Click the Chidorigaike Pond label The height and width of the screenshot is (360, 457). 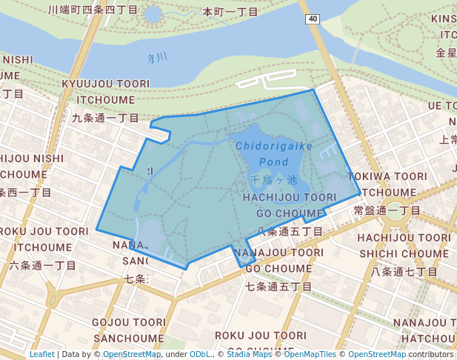coord(274,153)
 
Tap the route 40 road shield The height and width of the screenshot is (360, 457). coord(314,19)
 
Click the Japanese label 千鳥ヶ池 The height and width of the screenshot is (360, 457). coord(274,180)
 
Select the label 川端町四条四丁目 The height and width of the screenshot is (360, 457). coord(93,10)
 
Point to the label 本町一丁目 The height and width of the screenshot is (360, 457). coord(230,12)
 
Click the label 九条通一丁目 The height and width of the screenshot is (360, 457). coord(105,117)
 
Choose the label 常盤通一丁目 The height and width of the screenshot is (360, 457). coord(387,210)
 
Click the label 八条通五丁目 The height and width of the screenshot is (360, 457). coord(290,232)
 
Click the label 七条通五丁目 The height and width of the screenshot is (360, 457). coord(278,286)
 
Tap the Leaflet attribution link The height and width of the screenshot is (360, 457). coord(42,354)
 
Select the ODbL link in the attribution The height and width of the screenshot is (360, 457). coord(200,354)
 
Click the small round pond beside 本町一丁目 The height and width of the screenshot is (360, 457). coord(153,13)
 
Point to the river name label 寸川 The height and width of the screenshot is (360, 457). coord(157,58)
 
